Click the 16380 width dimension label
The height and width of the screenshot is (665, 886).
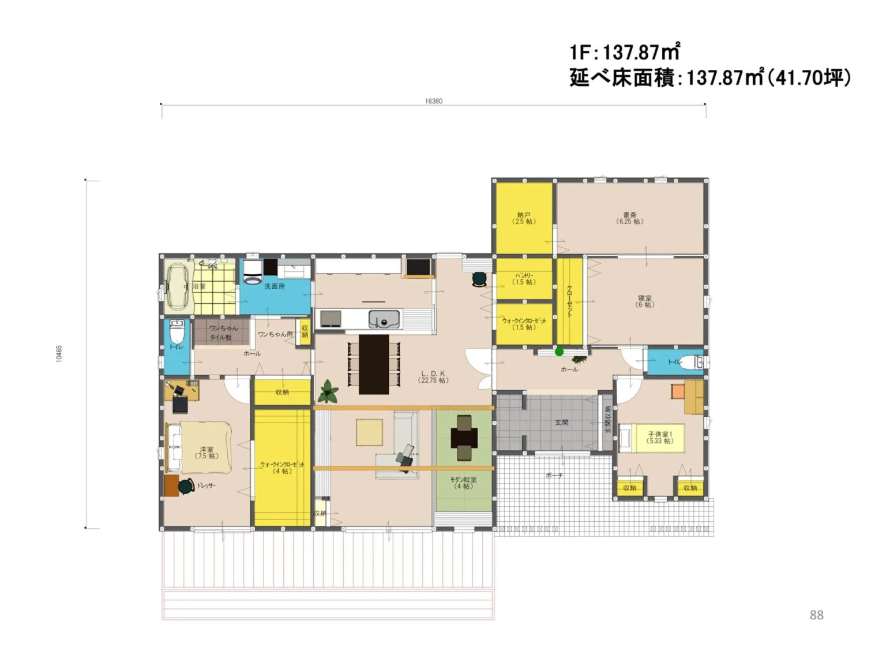pos(433,101)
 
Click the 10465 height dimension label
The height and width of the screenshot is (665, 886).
pos(59,354)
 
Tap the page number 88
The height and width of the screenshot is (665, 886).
pos(816,615)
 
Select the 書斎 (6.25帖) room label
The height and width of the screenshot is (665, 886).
pos(629,218)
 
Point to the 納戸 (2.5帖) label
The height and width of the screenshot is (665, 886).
pos(524,218)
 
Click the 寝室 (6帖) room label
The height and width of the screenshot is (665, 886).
pos(644,301)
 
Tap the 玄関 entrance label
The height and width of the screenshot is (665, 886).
pos(561,423)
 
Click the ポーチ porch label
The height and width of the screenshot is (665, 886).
pos(554,476)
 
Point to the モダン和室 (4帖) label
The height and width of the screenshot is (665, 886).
pos(463,483)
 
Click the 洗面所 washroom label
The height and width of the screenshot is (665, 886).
pos(275,286)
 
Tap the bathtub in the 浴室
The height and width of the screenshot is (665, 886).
pos(178,286)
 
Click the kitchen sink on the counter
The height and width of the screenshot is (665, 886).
pos(384,319)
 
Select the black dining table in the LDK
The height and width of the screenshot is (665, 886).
pos(374,364)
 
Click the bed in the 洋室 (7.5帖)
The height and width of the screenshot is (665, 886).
pos(199,447)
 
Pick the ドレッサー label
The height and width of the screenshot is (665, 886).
pos(206,486)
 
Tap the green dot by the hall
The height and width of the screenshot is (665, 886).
pos(559,352)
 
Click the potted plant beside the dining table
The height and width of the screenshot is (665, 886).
pos(328,391)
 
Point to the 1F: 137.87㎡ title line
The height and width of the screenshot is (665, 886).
pos(625,53)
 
